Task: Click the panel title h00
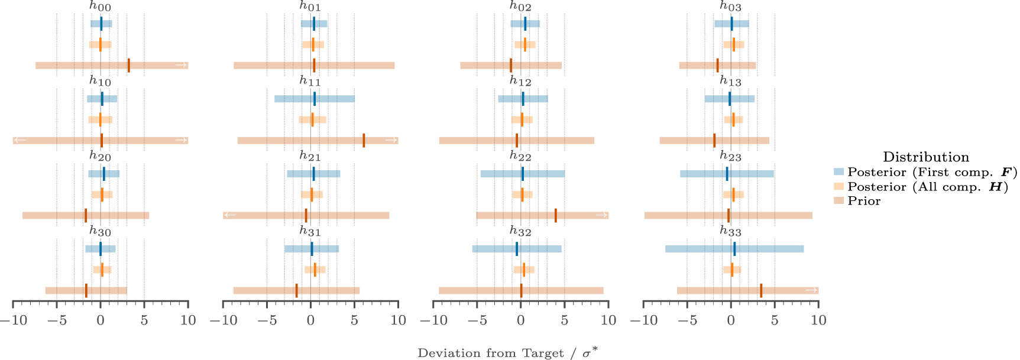(100, 7)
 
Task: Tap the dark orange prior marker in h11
(364, 141)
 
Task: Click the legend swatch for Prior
(838, 201)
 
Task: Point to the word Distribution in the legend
(925, 157)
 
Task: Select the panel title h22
(520, 157)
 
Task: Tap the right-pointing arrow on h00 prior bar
(182, 65)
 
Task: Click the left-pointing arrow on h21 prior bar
(230, 215)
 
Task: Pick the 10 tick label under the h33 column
(818, 320)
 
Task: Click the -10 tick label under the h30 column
(13, 320)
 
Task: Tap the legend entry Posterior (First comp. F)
(932, 172)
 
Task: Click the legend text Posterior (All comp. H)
(927, 187)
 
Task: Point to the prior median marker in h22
(556, 215)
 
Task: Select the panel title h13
(730, 82)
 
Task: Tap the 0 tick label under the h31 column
(310, 320)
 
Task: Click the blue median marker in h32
(517, 249)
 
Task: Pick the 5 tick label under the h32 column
(564, 320)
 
